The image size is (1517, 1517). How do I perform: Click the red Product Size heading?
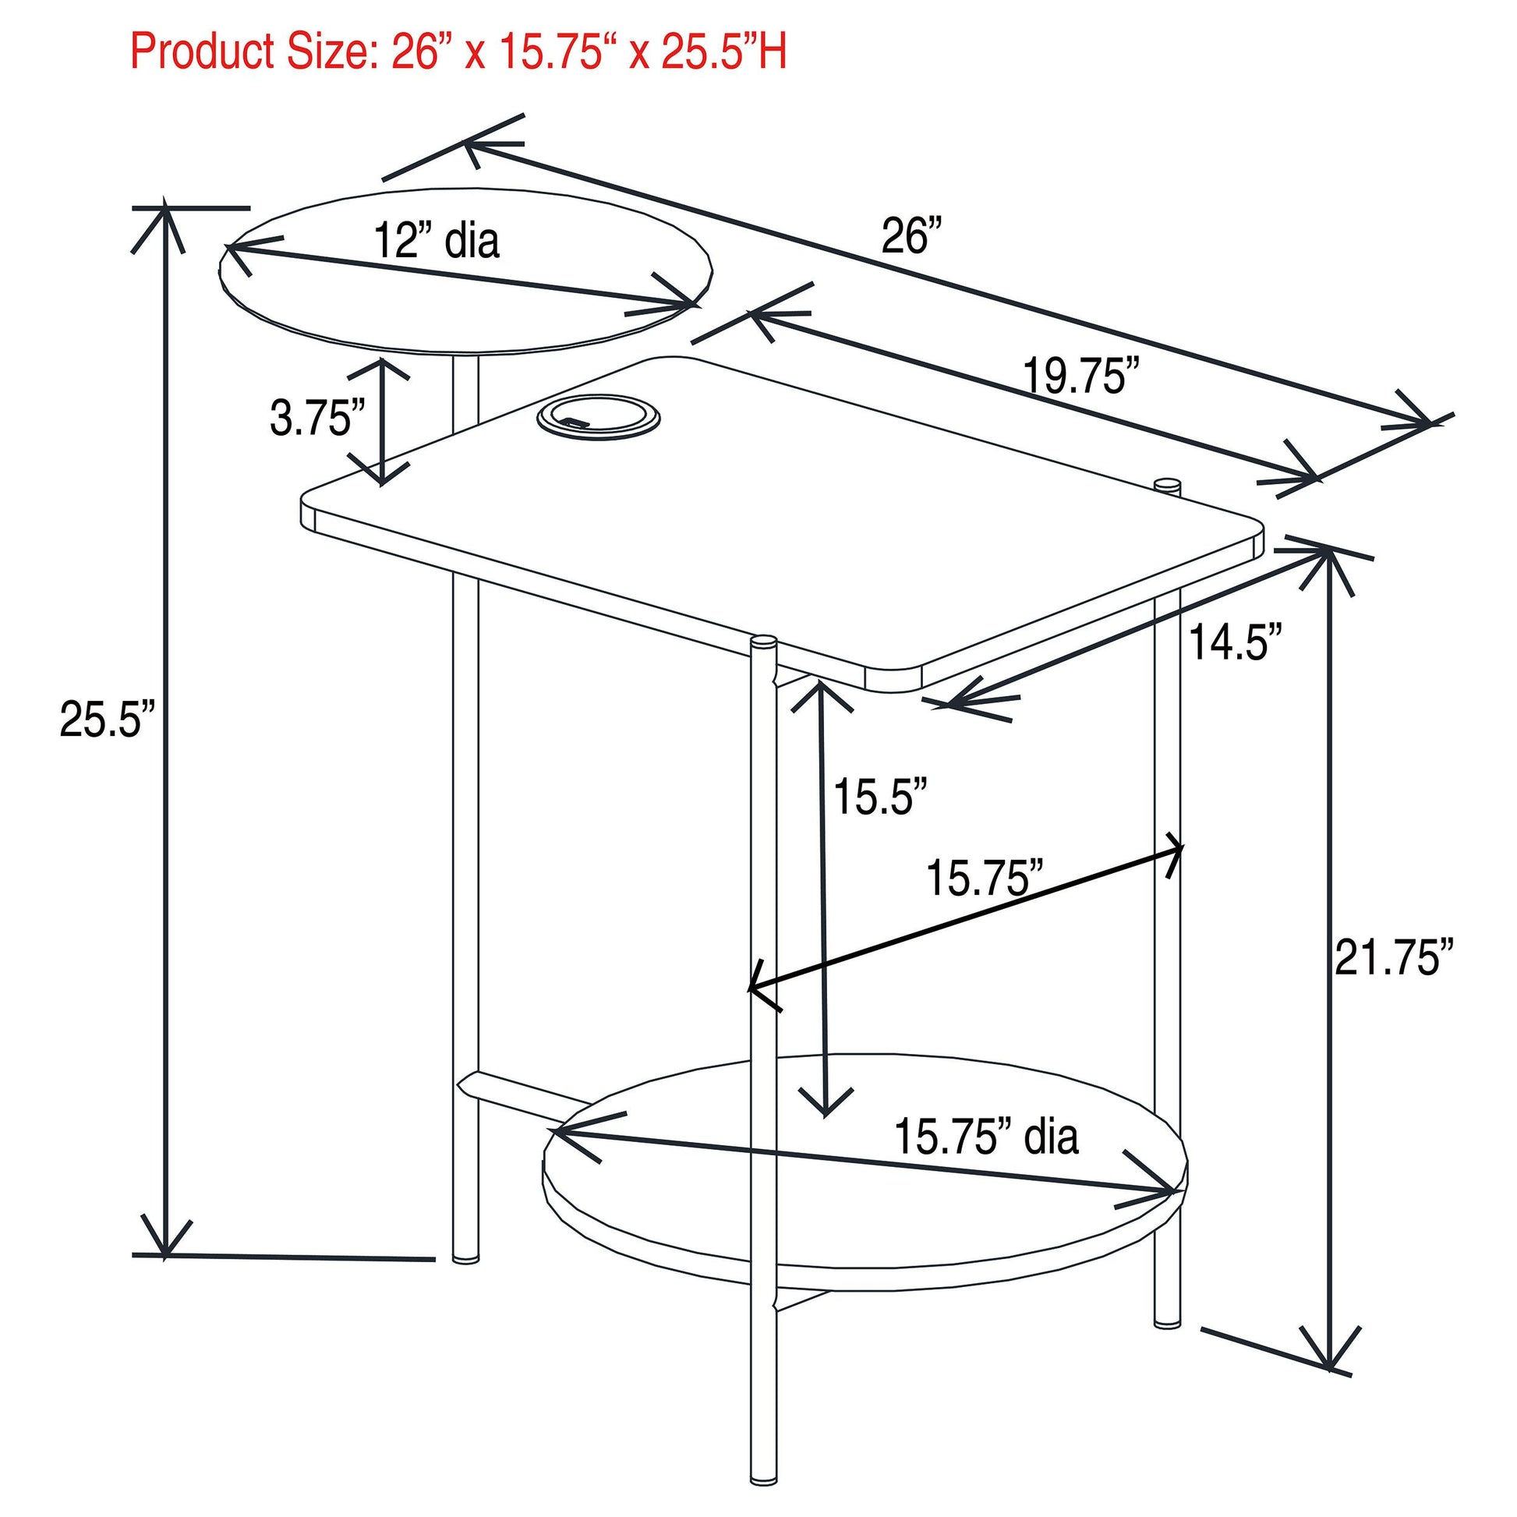pos(458,51)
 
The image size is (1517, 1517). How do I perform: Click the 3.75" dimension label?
pos(317,417)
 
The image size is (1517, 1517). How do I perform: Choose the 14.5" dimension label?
pos(1236,642)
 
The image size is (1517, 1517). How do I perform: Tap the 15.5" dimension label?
pos(881,797)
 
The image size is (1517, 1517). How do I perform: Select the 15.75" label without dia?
pos(985,877)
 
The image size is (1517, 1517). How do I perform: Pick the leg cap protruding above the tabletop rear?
pos(1169,484)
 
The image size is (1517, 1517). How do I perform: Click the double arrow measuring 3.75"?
pos(384,422)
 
